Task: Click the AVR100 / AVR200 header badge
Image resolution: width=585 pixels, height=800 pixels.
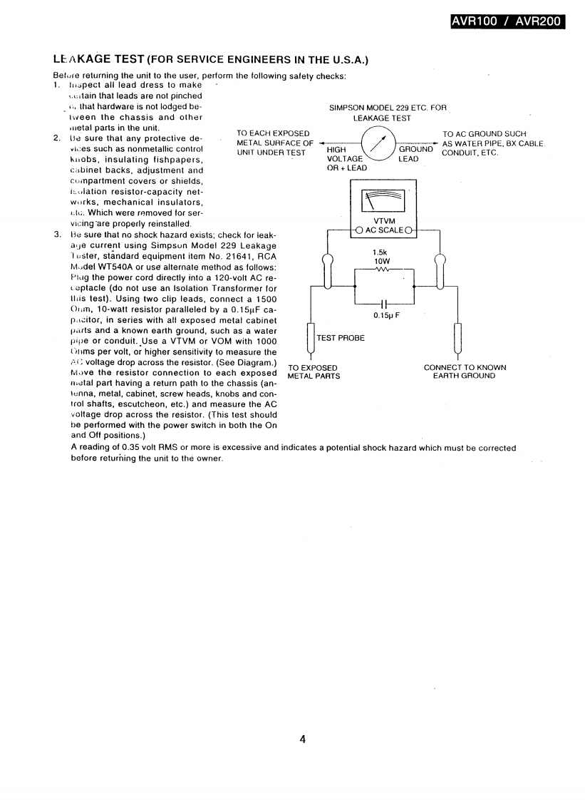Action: tap(507, 21)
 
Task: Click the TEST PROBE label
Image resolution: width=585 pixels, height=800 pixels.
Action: tap(341, 338)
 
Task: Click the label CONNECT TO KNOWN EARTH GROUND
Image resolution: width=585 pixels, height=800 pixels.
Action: tap(465, 372)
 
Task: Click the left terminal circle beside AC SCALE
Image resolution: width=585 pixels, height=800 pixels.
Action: tap(359, 230)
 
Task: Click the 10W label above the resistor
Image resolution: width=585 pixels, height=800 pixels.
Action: tap(380, 261)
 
